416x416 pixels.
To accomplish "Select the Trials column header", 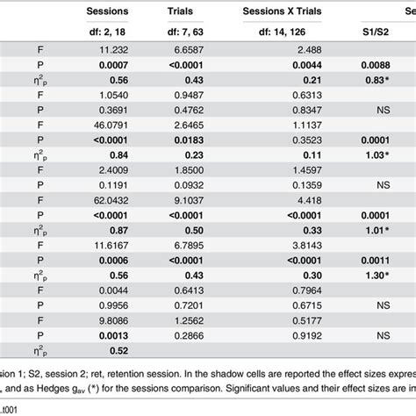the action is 204,11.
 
